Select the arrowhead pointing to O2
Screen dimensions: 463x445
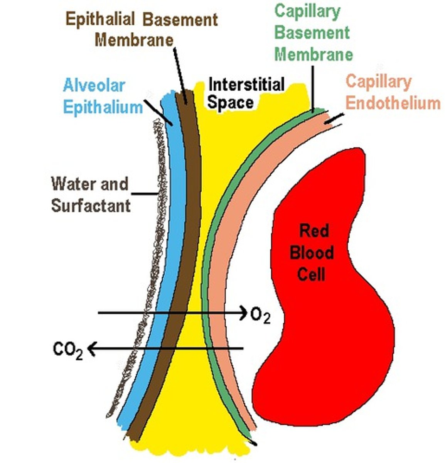242,312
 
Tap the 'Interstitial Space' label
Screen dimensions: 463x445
246,93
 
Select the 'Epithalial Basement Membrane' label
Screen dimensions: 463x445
142,29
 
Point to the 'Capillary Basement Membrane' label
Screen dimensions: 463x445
313,33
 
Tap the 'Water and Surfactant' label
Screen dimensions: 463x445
91,195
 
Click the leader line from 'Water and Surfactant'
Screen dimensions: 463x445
145,193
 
